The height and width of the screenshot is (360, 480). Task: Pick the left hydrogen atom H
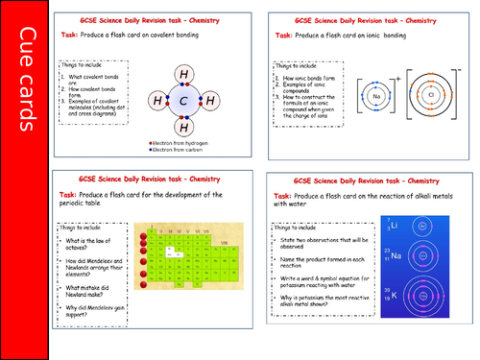pyautogui.click(x=157, y=100)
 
